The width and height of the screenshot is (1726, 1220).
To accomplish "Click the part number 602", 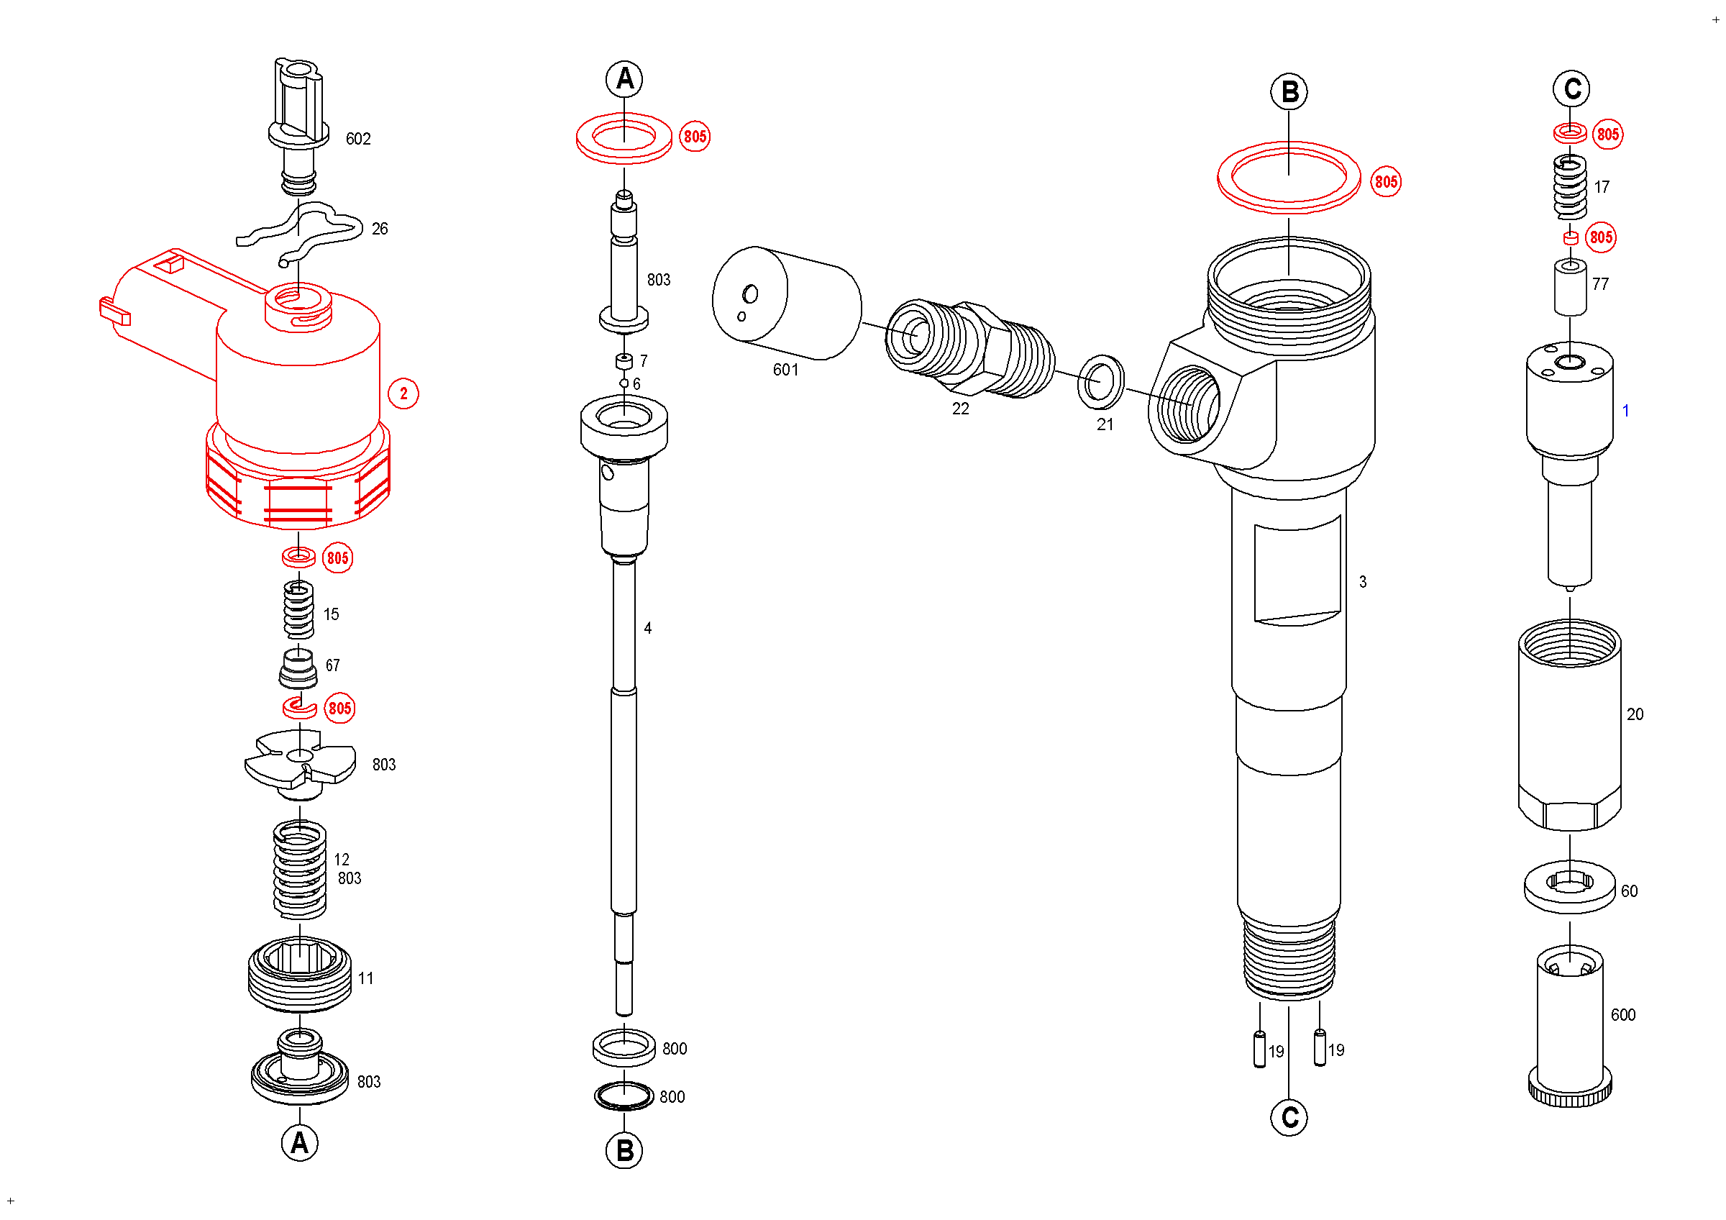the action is click(358, 139).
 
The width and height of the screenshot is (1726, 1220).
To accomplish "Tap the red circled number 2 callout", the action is click(403, 394).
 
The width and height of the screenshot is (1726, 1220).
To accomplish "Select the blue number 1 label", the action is click(1625, 411).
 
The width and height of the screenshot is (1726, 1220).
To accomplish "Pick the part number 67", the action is click(332, 666).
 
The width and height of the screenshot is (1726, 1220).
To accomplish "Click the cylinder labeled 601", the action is click(786, 303).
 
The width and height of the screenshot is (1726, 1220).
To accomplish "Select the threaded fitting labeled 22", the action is click(969, 347).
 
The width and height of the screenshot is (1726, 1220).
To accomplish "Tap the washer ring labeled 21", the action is click(1101, 382).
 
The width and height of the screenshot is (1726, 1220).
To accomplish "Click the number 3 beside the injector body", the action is click(1363, 582).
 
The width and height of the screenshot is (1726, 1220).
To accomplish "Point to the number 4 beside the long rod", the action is click(648, 629).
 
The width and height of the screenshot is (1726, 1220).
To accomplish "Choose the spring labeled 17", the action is click(1571, 187).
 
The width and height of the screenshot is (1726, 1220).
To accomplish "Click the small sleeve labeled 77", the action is click(1571, 287).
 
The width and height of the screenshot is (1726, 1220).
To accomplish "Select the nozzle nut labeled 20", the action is click(1570, 725).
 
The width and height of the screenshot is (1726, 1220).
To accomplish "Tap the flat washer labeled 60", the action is click(1570, 888).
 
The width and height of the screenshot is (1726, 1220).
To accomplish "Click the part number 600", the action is click(1623, 1016).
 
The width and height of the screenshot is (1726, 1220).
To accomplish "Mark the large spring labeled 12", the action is click(300, 870).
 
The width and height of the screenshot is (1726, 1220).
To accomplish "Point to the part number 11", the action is click(365, 979).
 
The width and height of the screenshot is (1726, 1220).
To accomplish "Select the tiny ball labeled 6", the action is click(624, 383).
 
